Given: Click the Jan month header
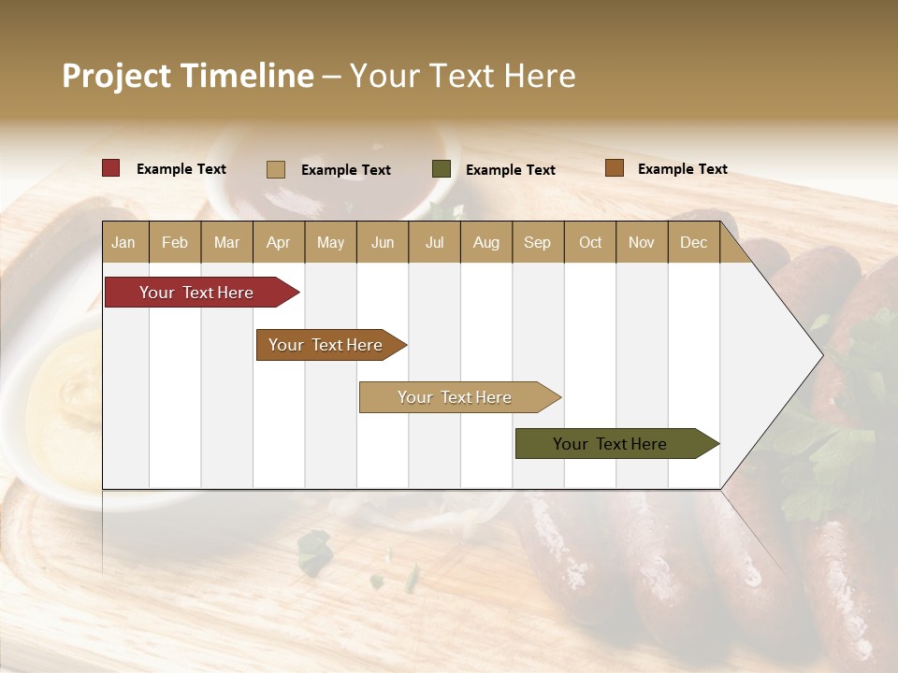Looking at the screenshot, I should [x=123, y=242].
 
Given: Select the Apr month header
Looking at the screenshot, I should [x=278, y=242].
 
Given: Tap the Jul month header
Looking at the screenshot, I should [x=434, y=242].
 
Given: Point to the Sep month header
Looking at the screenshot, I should [x=537, y=242].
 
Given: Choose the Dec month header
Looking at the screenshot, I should [x=693, y=242].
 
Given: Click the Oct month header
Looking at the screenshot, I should [x=590, y=242].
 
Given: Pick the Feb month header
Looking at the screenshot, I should [x=175, y=242].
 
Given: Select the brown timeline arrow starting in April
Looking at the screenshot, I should [x=327, y=345].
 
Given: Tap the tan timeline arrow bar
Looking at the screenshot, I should [x=456, y=397].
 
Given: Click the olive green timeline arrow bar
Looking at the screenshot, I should [x=613, y=444].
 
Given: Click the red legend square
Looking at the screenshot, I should [x=110, y=168].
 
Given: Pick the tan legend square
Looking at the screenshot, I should [x=275, y=169].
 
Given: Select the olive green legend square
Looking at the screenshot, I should [x=442, y=168].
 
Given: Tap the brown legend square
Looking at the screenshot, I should [x=614, y=168].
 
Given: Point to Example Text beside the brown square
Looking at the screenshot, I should [x=682, y=169].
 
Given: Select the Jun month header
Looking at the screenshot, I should [x=383, y=242].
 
